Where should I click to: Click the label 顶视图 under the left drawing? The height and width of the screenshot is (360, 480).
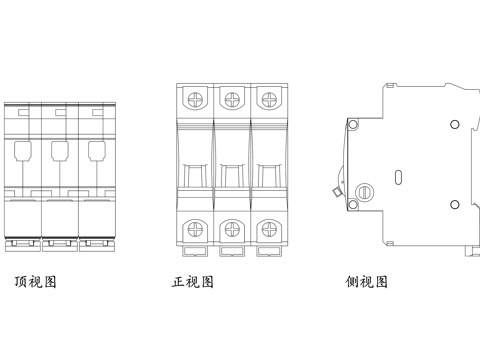36,282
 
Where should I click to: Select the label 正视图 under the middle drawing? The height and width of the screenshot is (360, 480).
193,282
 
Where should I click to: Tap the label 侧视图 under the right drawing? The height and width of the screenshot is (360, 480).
366,282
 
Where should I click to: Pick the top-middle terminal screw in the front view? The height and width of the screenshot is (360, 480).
232,99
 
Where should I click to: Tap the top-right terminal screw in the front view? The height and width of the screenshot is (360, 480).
268,99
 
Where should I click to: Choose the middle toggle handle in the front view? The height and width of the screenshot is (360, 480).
232,171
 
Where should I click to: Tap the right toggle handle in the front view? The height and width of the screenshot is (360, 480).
268,171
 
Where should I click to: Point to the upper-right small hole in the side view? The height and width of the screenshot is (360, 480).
454,124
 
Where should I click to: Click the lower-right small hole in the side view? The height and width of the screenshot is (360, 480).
454,205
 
